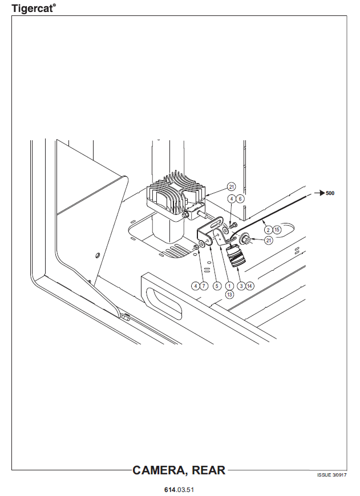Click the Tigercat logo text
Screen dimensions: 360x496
[x=34, y=8]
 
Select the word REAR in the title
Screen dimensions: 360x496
[x=209, y=470]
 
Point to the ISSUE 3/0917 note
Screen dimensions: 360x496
[x=332, y=475]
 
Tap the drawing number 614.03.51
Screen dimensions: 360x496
[x=179, y=490]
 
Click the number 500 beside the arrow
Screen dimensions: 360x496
[x=330, y=193]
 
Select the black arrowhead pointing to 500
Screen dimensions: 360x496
[x=322, y=193]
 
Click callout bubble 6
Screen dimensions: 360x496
[x=240, y=198]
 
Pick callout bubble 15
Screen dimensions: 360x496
[x=277, y=230]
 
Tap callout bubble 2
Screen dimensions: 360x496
[x=269, y=230]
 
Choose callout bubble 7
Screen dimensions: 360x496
[x=204, y=286]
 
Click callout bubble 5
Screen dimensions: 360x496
[x=217, y=286]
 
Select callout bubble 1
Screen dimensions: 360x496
[x=229, y=286]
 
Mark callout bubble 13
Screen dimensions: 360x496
[x=229, y=295]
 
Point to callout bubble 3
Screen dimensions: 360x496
[x=241, y=286]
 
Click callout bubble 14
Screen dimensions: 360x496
[x=250, y=286]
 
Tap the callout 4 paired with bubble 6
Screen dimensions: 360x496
[x=232, y=198]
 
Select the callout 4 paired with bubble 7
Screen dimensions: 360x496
[x=195, y=286]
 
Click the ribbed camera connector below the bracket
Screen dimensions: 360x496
[x=235, y=256]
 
